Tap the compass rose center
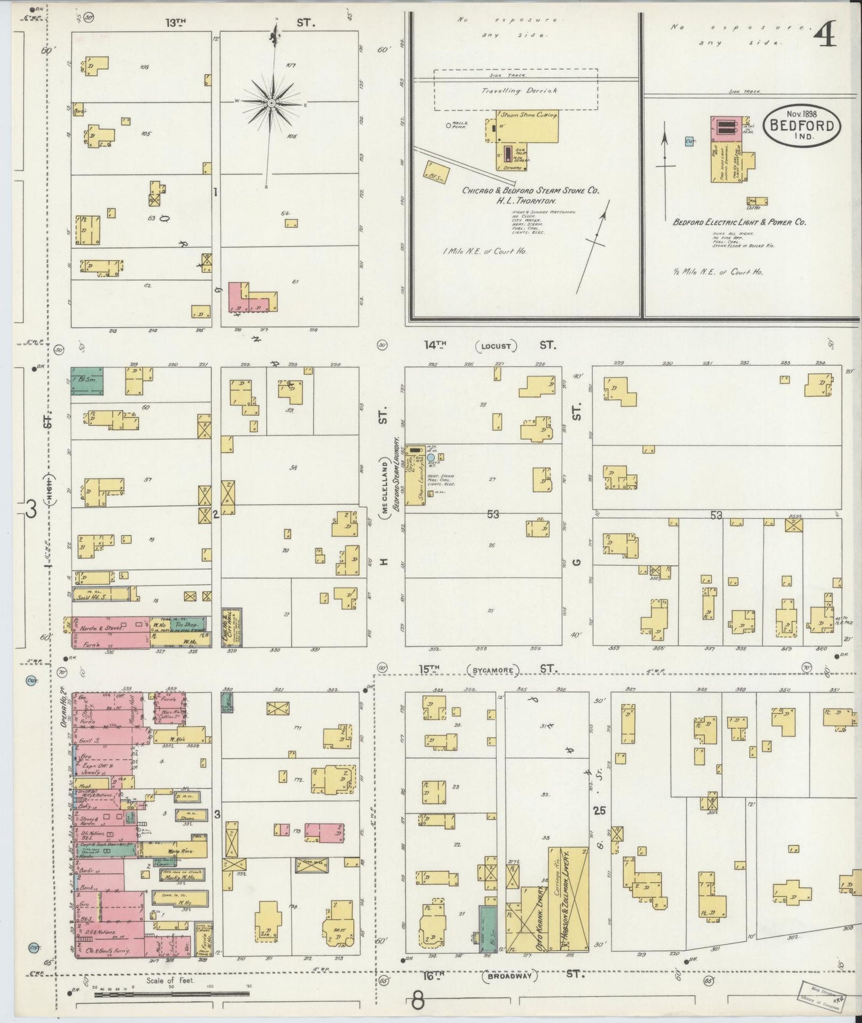[x=271, y=103]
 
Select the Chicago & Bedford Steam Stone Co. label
[x=530, y=190]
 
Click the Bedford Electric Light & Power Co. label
[x=739, y=222]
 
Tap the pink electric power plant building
[x=725, y=129]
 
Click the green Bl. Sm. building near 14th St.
[x=87, y=381]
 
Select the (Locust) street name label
[x=496, y=346]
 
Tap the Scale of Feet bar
[x=172, y=994]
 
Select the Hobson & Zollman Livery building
[x=569, y=901]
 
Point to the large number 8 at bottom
[x=418, y=1001]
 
